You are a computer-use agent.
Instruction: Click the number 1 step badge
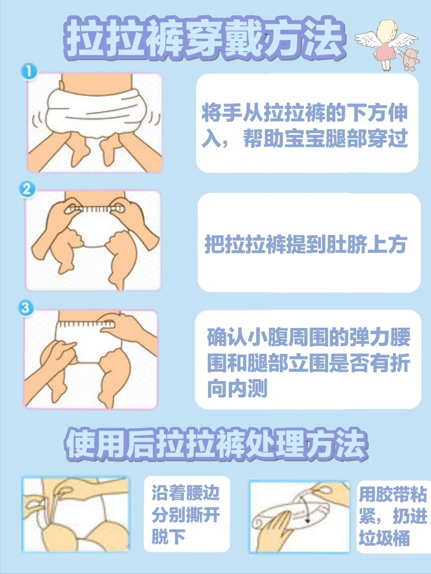click(29, 71)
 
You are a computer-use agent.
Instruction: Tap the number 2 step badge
click(28, 189)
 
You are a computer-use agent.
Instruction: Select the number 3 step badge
click(26, 308)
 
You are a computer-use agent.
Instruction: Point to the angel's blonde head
click(387, 30)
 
